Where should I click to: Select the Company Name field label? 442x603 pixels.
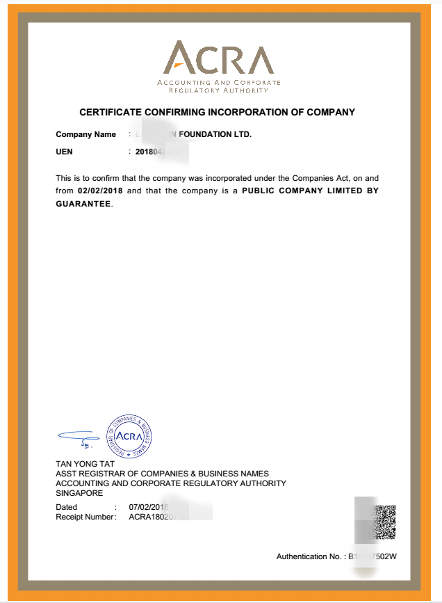tap(85, 135)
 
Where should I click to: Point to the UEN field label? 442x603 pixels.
tap(64, 151)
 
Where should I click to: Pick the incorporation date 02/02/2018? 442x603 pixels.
tap(101, 191)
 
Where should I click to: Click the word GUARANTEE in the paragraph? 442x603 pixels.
tap(83, 204)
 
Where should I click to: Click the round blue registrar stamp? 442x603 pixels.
tap(129, 437)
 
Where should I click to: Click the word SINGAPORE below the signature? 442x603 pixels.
tap(79, 493)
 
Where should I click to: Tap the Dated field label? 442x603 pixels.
tap(67, 507)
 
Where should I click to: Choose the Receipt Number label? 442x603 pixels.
tap(85, 517)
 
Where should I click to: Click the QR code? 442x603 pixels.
tap(385, 522)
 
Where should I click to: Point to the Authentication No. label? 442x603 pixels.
tap(309, 557)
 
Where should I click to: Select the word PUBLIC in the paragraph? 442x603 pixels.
tap(261, 191)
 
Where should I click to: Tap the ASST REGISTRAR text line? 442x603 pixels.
tap(162, 474)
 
